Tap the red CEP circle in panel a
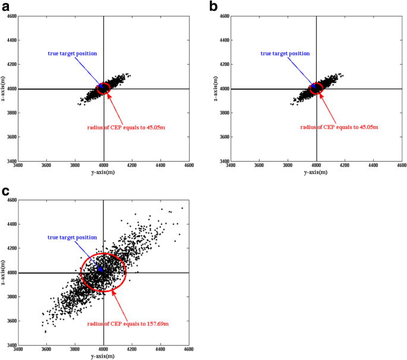pos(103,88)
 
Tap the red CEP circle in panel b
pos(316,88)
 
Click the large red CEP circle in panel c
pos(103,272)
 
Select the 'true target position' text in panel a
pos(72,53)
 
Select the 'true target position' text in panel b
pos(285,53)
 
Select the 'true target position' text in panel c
pos(72,238)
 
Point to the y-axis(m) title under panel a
pos(103,172)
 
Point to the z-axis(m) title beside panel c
pos(5,272)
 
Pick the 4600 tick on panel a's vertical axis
pos(11,16)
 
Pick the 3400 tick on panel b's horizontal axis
pos(231,166)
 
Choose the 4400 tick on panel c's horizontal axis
pos(161,350)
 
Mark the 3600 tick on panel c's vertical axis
pos(11,321)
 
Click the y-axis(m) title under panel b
pos(316,172)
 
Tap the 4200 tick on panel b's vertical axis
pos(224,64)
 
